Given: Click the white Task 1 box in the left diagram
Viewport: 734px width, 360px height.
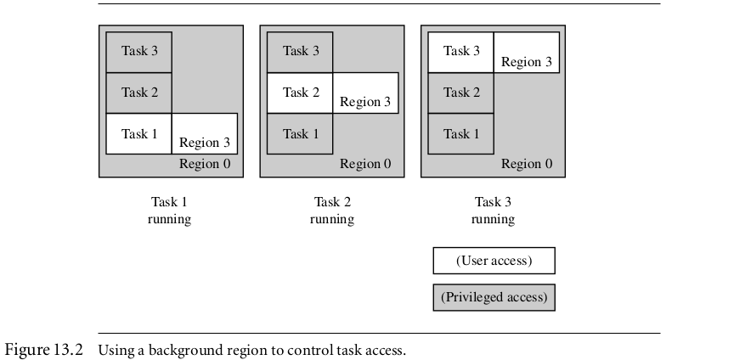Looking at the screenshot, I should (x=139, y=133).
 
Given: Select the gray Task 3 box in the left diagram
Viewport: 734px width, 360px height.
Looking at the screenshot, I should (x=139, y=51).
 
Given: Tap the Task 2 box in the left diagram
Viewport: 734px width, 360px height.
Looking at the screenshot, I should (x=139, y=93).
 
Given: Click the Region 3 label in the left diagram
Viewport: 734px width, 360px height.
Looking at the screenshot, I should (x=205, y=143).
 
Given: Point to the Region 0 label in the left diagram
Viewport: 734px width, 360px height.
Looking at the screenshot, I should (x=205, y=164).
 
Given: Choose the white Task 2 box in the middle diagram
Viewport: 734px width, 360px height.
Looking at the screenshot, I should (x=300, y=93).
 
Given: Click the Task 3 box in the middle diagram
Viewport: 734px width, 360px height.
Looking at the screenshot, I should (x=300, y=51).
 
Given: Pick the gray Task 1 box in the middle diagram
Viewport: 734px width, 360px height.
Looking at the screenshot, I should (x=300, y=133).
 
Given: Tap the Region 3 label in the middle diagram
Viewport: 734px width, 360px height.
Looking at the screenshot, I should (x=365, y=102).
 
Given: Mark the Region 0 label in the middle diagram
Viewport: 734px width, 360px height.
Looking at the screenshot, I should (x=365, y=164).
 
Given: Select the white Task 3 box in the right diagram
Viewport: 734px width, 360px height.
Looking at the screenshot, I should (x=461, y=51).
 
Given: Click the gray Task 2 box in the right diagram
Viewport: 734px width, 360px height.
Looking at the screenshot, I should (x=461, y=93).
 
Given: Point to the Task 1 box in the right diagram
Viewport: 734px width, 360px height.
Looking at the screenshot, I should (x=461, y=133).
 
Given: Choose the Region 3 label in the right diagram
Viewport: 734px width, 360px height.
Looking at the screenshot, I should (x=527, y=61).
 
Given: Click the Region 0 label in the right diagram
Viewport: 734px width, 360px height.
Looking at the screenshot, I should (x=527, y=164).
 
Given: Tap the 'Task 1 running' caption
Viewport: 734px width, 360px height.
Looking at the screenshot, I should (x=170, y=211).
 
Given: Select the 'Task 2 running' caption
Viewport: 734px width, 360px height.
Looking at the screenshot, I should (x=332, y=211).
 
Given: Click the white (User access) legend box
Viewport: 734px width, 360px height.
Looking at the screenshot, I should (x=494, y=261).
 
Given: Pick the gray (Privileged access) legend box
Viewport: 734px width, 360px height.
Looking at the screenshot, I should (x=494, y=297).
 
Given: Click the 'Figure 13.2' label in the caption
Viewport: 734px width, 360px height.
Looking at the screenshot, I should (x=44, y=350).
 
